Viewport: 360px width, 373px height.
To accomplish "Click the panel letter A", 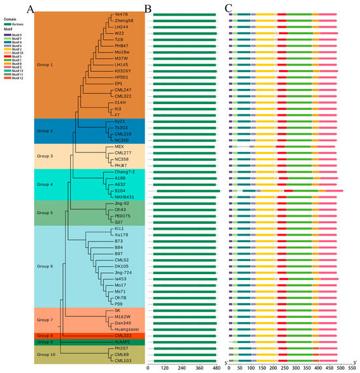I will coord(31,8).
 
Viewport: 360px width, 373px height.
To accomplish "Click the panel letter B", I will coord(148,8).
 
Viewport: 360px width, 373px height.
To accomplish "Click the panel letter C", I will coord(228,8).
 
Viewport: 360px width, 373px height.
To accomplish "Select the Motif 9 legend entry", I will coord(12,35).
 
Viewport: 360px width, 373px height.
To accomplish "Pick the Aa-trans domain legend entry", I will coord(13,25).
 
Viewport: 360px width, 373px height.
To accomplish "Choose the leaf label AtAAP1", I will coord(122,342).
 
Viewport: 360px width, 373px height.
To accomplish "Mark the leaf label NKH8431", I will coord(124,196).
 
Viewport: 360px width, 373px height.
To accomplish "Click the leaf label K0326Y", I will coord(123,71).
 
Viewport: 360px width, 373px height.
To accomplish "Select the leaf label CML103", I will coord(123,361).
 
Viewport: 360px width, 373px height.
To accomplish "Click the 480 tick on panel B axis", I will coord(217,369).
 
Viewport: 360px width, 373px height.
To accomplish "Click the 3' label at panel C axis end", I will coord(354,363).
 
